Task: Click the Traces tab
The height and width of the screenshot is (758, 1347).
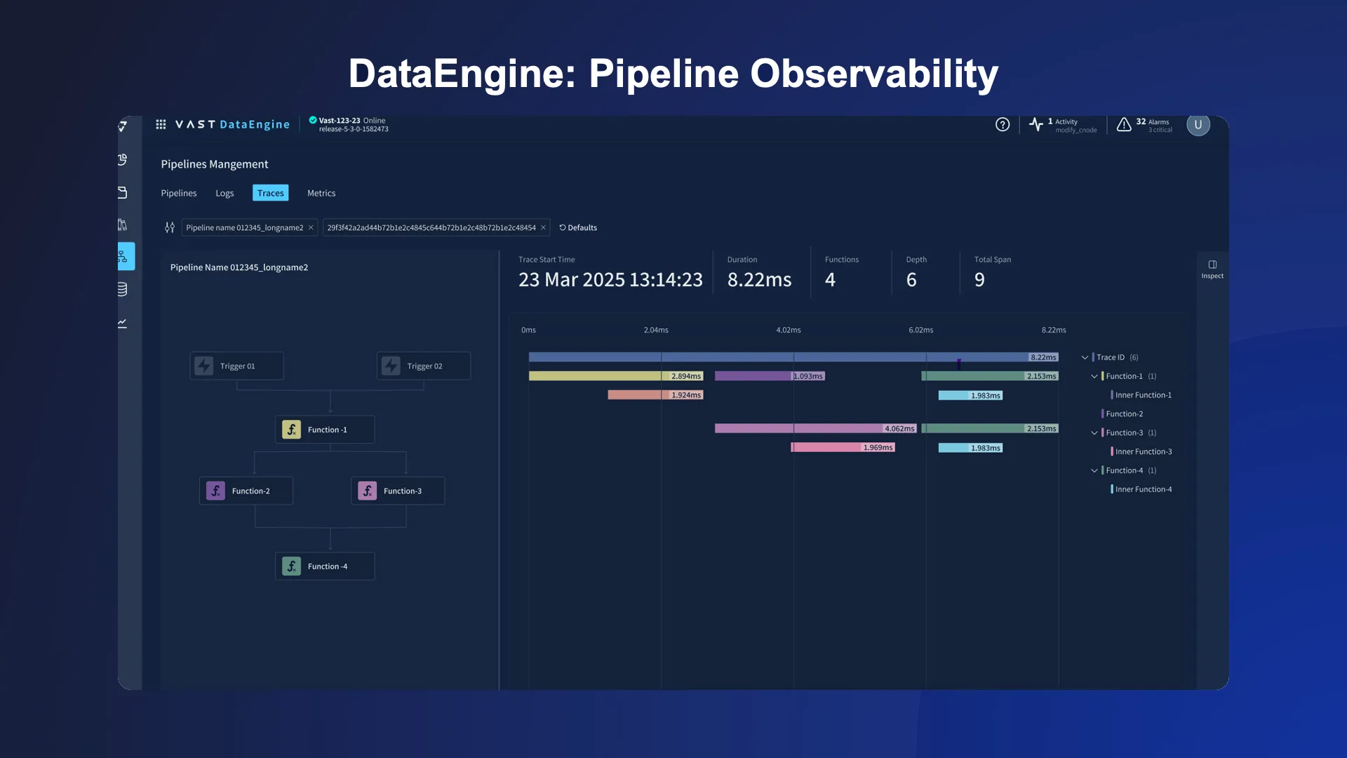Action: tap(270, 193)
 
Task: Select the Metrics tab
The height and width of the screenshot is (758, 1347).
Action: tap(321, 193)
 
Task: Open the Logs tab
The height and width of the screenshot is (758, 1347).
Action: tap(224, 193)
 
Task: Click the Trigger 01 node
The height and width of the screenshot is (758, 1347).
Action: tap(236, 366)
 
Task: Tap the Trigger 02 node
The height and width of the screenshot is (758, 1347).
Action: tap(424, 366)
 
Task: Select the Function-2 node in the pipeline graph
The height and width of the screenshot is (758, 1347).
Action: tap(246, 491)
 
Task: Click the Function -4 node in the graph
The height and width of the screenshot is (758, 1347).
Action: tap(325, 566)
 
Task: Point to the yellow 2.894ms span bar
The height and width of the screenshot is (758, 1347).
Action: tap(596, 376)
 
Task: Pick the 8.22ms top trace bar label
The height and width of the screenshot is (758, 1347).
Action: tap(1043, 357)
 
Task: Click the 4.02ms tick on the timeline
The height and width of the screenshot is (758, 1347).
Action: tap(789, 330)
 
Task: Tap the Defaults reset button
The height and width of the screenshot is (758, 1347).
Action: tap(578, 227)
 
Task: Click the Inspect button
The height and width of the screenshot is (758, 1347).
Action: tap(1212, 269)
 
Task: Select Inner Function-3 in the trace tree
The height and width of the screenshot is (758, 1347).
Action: tap(1144, 451)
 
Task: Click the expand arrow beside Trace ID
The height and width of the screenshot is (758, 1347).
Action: tap(1085, 357)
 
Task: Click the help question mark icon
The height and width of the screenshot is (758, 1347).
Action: tap(1003, 124)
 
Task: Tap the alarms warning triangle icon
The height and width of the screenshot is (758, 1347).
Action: tap(1124, 124)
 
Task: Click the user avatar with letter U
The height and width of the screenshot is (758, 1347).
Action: tap(1198, 124)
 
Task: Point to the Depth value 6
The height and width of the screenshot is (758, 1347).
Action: tap(911, 279)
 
